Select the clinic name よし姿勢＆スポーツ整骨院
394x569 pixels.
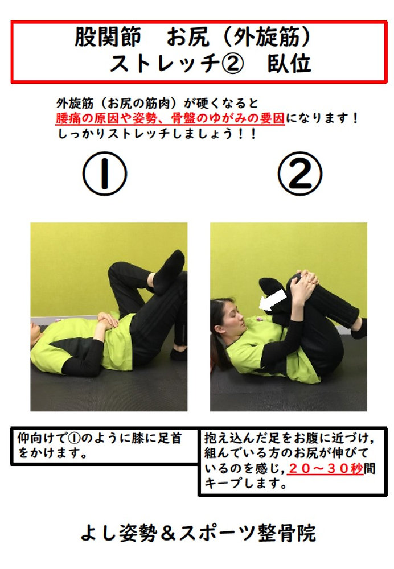pyautogui.click(x=198, y=533)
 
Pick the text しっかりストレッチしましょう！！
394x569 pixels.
pyautogui.click(x=156, y=135)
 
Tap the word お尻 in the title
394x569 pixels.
pyautogui.click(x=183, y=38)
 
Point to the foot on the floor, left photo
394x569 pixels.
pyautogui.click(x=179, y=353)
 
